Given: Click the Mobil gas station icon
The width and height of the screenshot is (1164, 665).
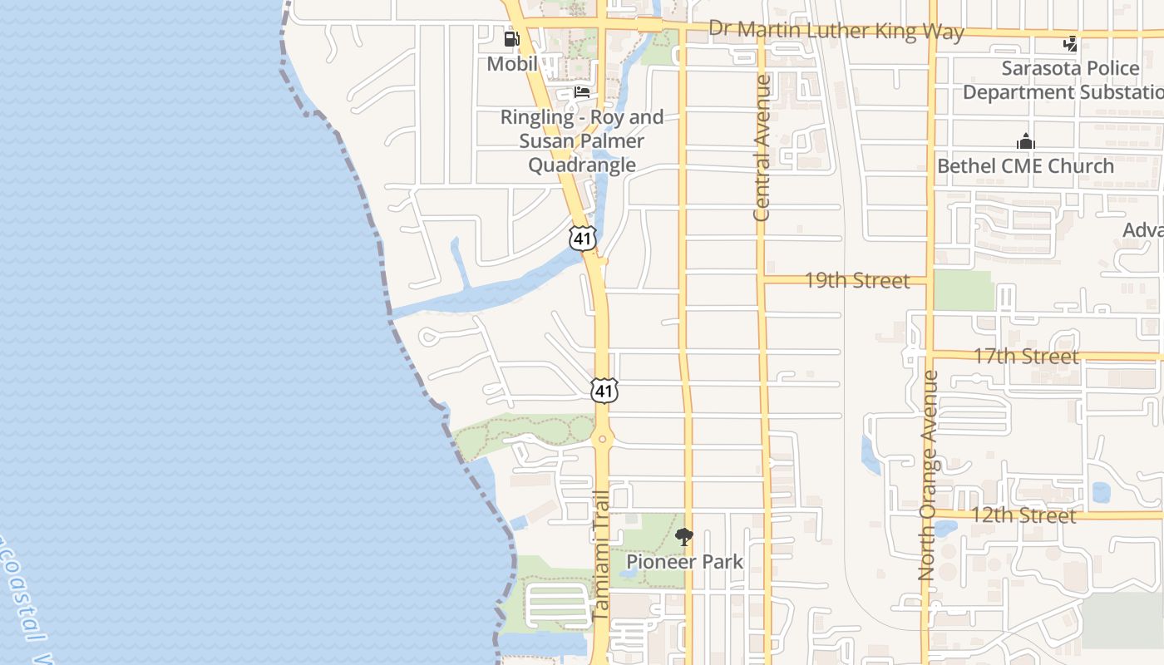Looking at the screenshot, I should (511, 38).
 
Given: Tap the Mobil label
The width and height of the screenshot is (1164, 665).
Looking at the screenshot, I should (511, 63).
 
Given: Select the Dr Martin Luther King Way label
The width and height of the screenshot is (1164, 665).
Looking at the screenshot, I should (836, 31).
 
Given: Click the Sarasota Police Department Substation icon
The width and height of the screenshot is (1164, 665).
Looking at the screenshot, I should (1070, 43).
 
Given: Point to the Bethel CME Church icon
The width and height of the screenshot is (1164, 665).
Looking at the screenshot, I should (1026, 141).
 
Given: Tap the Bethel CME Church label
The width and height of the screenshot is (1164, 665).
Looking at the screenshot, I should (1025, 165).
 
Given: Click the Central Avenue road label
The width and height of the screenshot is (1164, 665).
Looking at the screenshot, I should (762, 148).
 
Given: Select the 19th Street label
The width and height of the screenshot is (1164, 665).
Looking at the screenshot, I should (856, 280).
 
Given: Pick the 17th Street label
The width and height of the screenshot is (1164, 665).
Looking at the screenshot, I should (1026, 356).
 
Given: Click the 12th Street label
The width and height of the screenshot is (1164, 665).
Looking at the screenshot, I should (1023, 515).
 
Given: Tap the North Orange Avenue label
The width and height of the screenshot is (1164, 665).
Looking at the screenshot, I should (928, 475).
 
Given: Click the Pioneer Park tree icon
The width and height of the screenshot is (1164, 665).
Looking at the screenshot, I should (683, 537).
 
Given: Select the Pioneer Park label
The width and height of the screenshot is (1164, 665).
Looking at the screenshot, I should (684, 562).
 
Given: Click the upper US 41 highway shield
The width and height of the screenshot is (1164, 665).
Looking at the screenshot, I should (583, 237).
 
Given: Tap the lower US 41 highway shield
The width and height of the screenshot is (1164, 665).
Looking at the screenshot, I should (604, 390).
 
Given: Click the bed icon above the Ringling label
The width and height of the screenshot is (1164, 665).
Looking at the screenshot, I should (582, 92).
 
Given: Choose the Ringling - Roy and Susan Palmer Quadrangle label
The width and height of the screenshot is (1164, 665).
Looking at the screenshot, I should (582, 141).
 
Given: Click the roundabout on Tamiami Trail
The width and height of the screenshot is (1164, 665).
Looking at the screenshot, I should (602, 438).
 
